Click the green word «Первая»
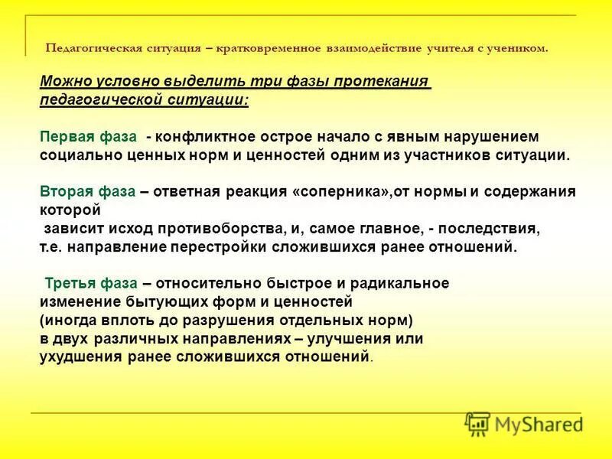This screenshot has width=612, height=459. pyautogui.click(x=67, y=136)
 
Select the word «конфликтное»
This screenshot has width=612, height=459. pyautogui.click(x=200, y=136)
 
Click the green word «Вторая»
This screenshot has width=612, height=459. pyautogui.click(x=67, y=190)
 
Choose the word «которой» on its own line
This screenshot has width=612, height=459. pyautogui.click(x=70, y=208)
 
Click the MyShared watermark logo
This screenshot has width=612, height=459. pyautogui.click(x=523, y=424)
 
